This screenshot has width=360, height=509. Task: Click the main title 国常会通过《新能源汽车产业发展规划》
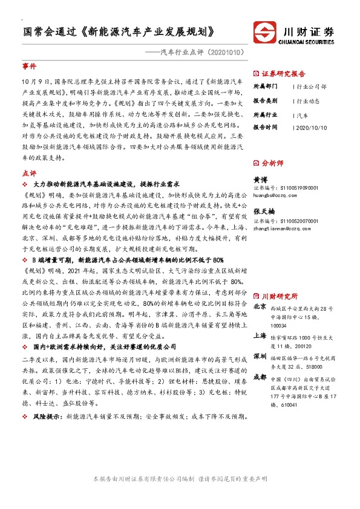[119, 31]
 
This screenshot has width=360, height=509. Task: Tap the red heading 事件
[29, 66]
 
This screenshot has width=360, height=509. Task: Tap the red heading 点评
[29, 173]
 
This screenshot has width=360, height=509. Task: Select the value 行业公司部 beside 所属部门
[312, 86]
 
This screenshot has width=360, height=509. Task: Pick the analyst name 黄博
[260, 180]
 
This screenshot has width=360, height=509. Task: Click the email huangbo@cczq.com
[274, 195]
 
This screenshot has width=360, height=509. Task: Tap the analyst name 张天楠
[264, 212]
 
